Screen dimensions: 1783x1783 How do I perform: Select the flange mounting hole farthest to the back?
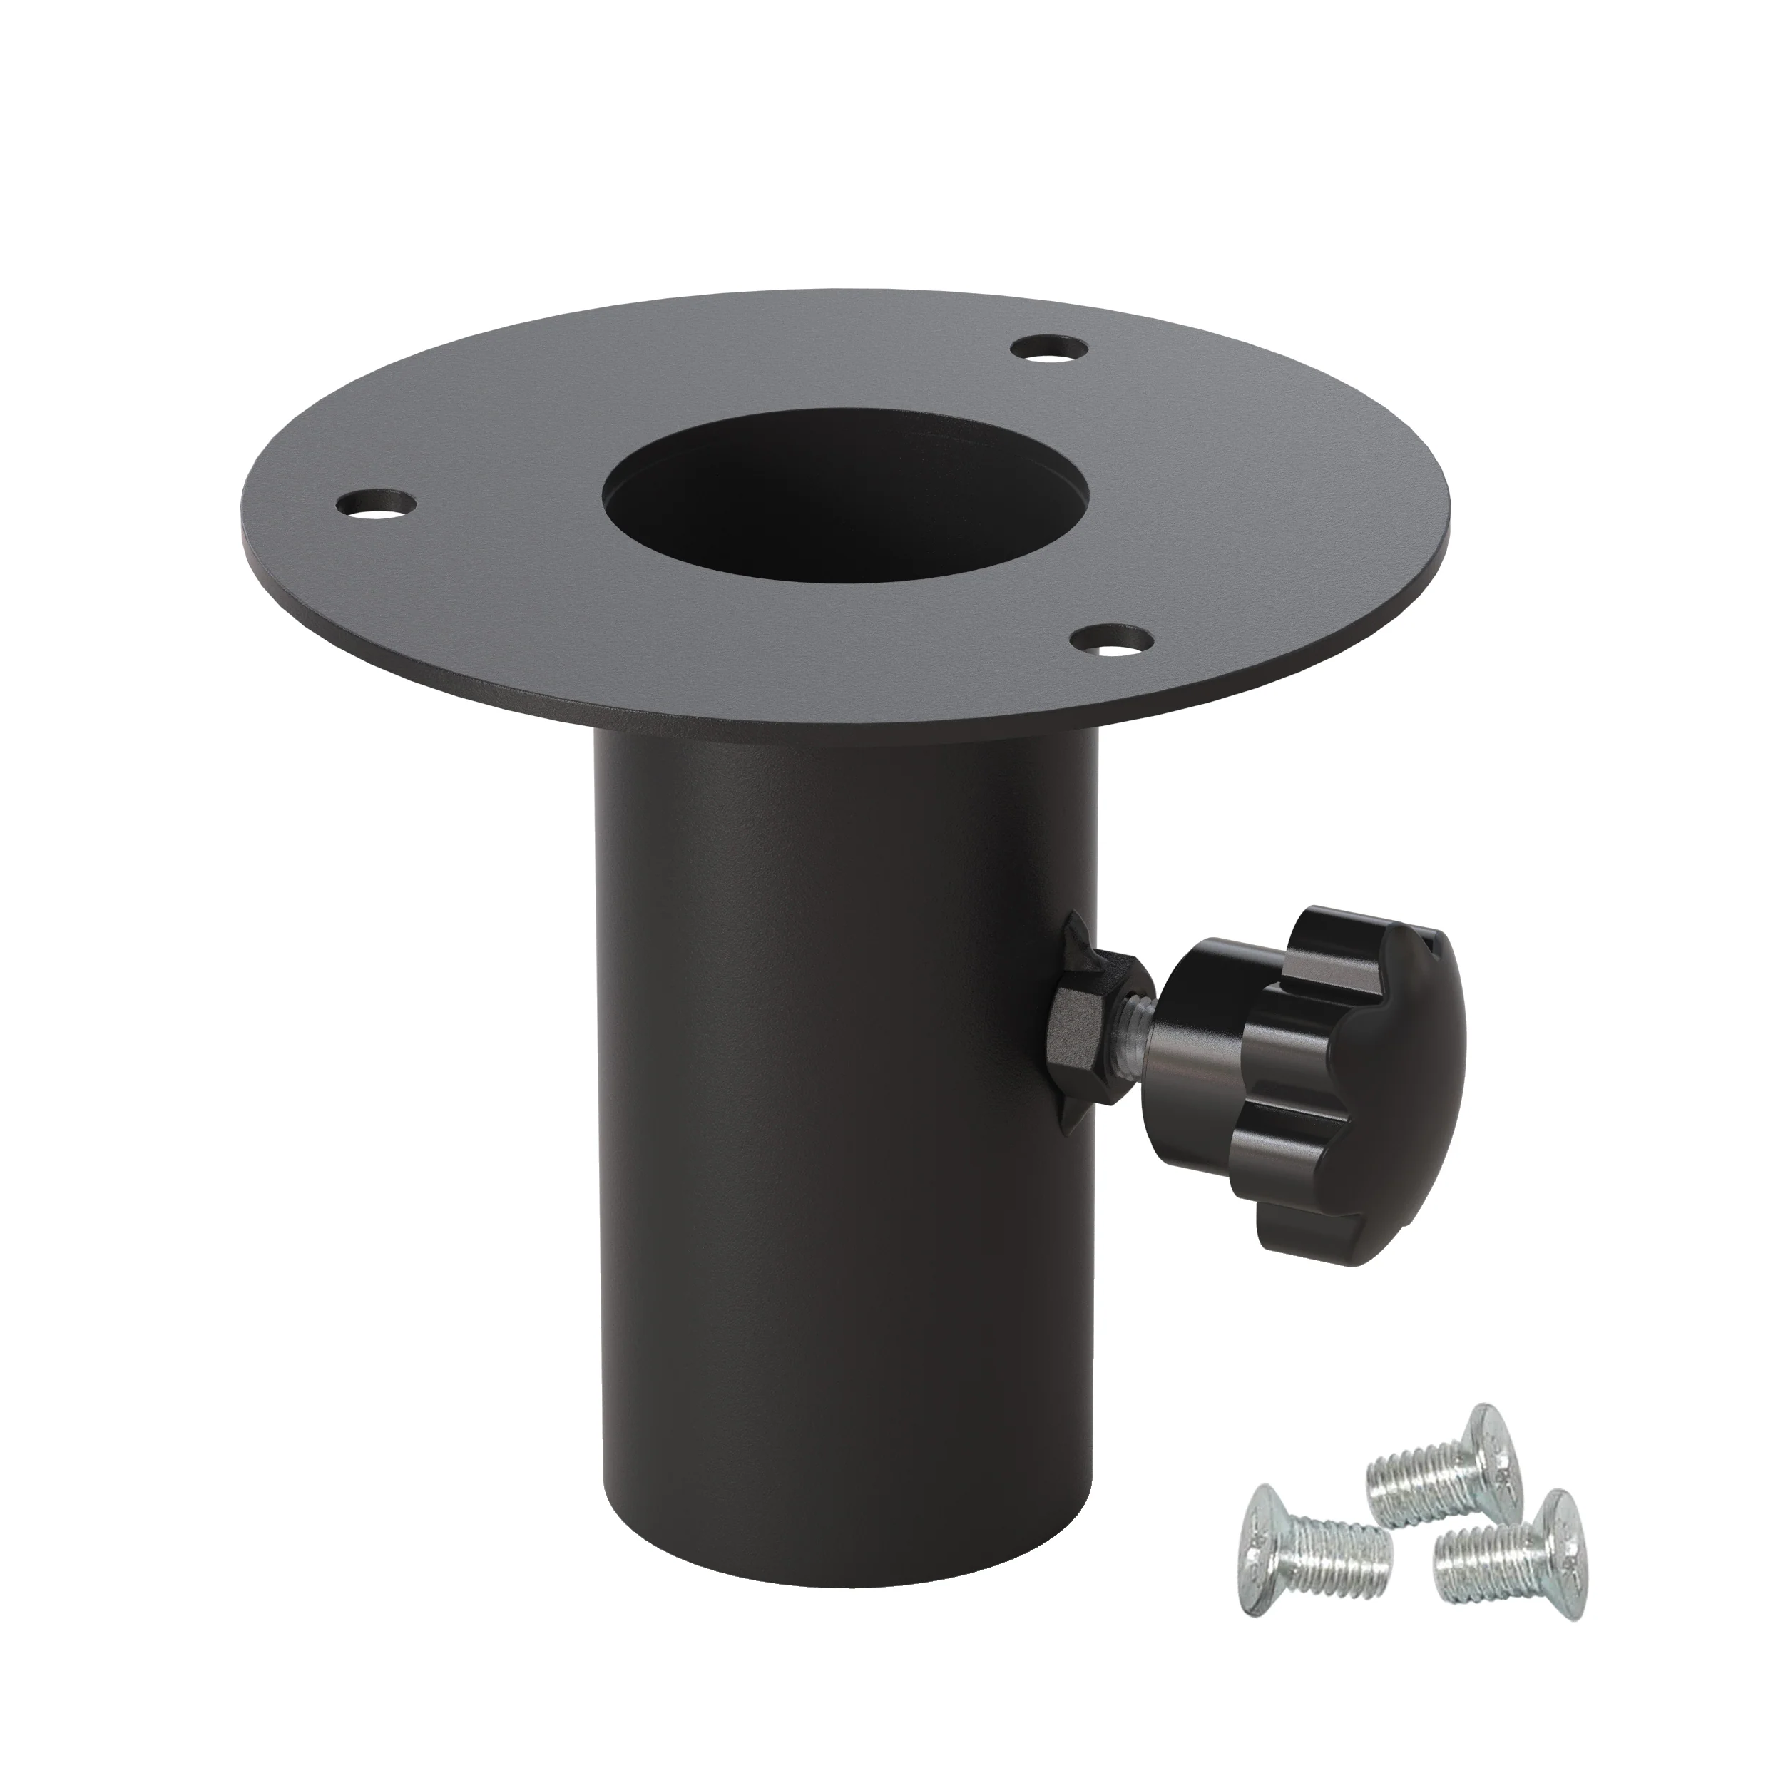pyautogui.click(x=1048, y=349)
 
